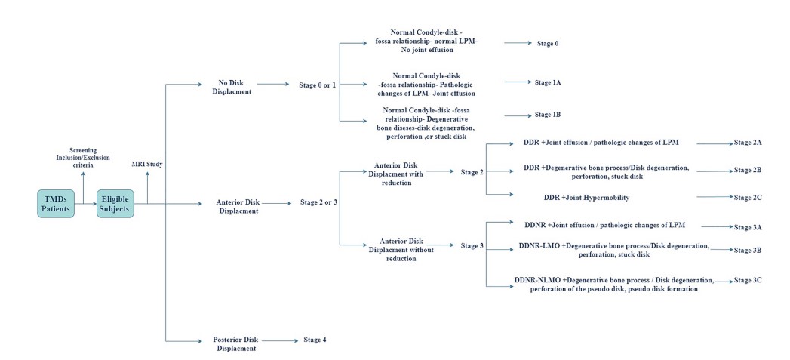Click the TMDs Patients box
click(x=56, y=203)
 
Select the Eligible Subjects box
click(x=115, y=203)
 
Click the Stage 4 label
click(x=315, y=340)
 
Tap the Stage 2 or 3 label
click(x=318, y=202)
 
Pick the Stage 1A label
click(x=547, y=82)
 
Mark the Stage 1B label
click(x=547, y=115)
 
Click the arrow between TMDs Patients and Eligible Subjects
click(x=85, y=203)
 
